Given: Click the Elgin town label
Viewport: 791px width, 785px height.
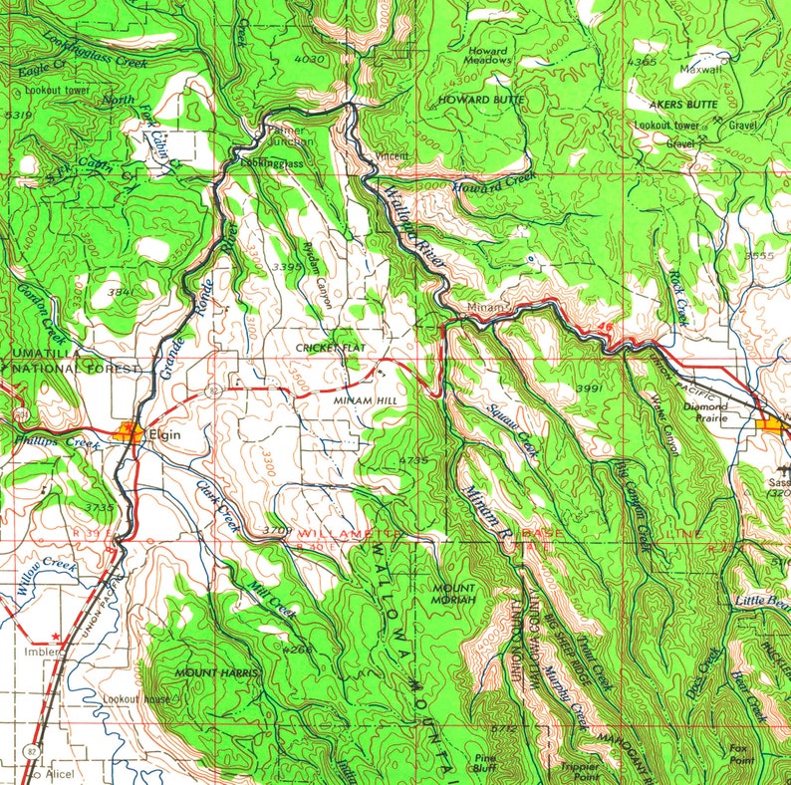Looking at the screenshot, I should pyautogui.click(x=164, y=435).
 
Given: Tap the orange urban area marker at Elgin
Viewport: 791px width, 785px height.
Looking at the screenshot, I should pyautogui.click(x=129, y=431).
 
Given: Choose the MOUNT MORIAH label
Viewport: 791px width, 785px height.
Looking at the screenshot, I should pyautogui.click(x=453, y=594).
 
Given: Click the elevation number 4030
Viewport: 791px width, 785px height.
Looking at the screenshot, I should pyautogui.click(x=311, y=61).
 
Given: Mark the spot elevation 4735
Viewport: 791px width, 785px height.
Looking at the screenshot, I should pyautogui.click(x=412, y=460).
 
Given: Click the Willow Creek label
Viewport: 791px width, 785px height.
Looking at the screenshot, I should pyautogui.click(x=47, y=576).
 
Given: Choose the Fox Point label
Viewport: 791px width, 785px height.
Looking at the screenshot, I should pyautogui.click(x=739, y=752).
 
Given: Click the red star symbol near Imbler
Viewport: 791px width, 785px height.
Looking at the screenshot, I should pyautogui.click(x=56, y=634).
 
